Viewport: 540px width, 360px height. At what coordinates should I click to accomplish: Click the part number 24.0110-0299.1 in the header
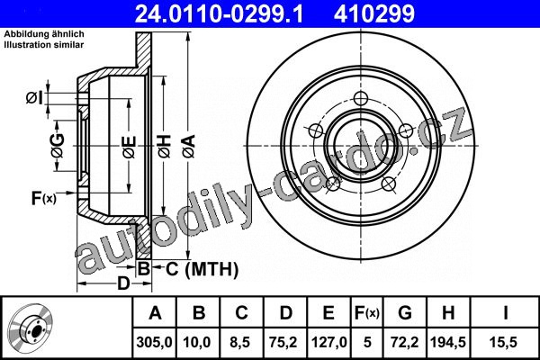click(219, 13)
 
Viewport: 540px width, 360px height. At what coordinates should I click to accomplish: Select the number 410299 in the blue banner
click(374, 13)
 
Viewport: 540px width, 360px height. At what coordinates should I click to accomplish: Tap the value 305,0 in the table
click(154, 342)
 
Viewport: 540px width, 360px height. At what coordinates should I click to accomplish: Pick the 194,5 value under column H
click(447, 342)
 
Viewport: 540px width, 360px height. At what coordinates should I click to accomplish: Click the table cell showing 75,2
click(283, 342)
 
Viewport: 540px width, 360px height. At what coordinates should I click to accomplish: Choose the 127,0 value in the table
click(328, 342)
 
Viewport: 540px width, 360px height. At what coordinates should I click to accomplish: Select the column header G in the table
click(405, 313)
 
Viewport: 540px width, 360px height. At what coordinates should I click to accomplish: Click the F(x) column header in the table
click(367, 313)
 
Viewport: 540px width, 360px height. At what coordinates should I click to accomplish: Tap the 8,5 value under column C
click(239, 342)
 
